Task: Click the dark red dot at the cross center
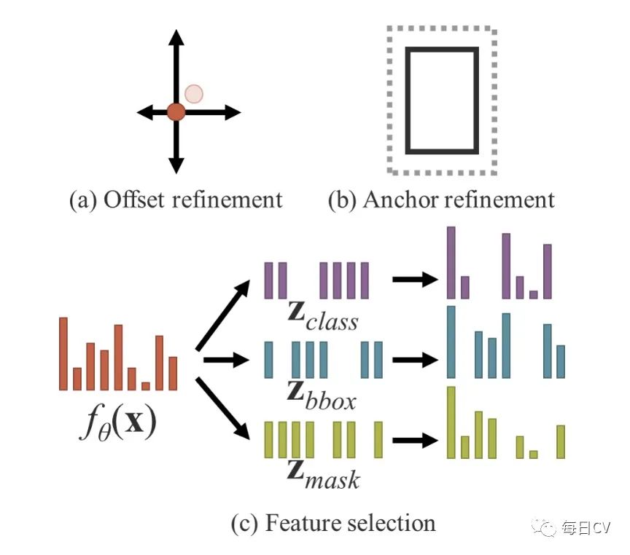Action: (176, 112)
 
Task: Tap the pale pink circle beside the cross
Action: (193, 93)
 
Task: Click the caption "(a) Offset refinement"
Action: (175, 199)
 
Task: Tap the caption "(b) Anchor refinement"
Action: (441, 199)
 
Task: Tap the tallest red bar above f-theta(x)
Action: (63, 353)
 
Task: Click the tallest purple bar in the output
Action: (451, 262)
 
